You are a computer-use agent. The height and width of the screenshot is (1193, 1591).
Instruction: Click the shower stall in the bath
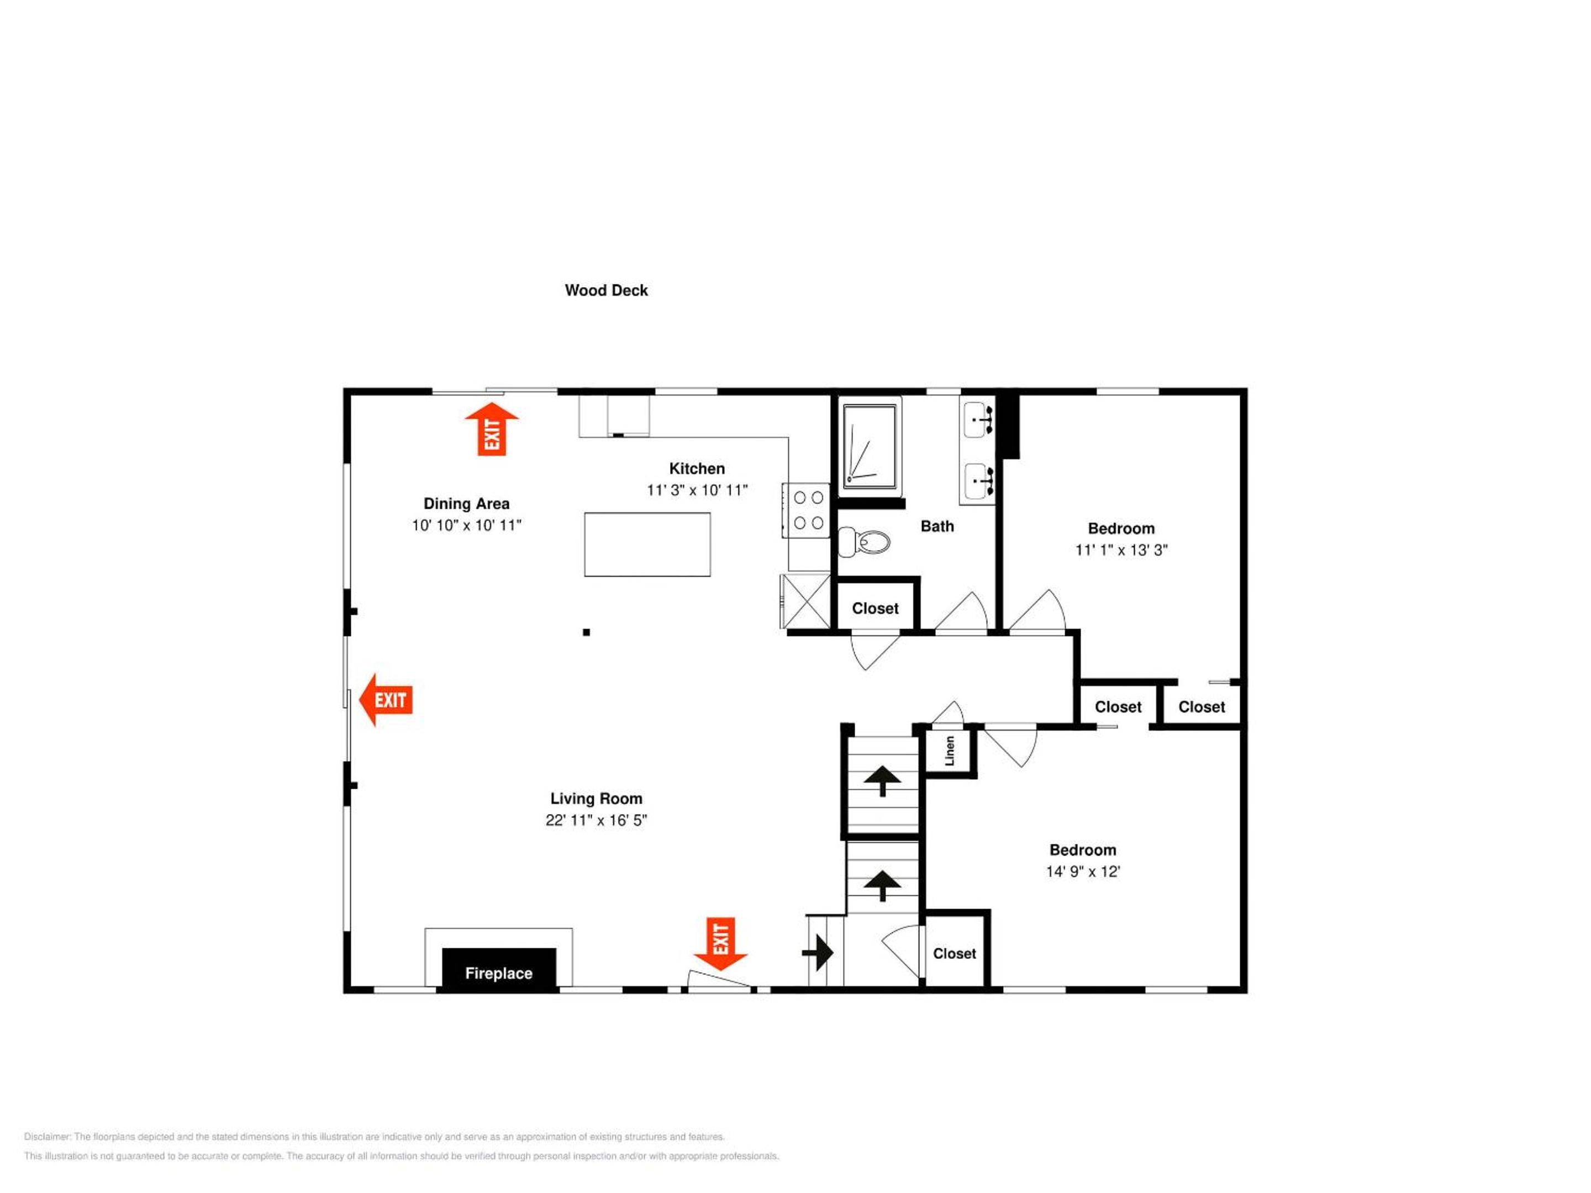pyautogui.click(x=870, y=447)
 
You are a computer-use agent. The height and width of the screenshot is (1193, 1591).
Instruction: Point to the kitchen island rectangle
pyautogui.click(x=647, y=545)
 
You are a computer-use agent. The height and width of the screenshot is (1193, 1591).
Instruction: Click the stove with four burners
pyautogui.click(x=807, y=510)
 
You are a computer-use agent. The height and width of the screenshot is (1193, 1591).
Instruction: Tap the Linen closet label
pyautogui.click(x=950, y=751)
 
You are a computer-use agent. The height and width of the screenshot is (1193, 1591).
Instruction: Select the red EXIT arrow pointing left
pyautogui.click(x=386, y=700)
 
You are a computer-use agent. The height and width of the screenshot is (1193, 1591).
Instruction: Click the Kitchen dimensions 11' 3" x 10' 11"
pyautogui.click(x=697, y=490)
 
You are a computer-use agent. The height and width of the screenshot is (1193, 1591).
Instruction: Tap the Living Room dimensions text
pyautogui.click(x=596, y=821)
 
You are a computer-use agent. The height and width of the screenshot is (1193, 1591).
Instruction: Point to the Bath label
pyautogui.click(x=937, y=526)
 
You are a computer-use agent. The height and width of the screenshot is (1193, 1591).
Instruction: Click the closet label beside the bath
pyautogui.click(x=876, y=608)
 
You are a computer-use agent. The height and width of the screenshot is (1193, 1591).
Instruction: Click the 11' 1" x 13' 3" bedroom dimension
pyautogui.click(x=1121, y=550)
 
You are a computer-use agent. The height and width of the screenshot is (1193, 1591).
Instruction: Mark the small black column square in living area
pyautogui.click(x=586, y=632)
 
